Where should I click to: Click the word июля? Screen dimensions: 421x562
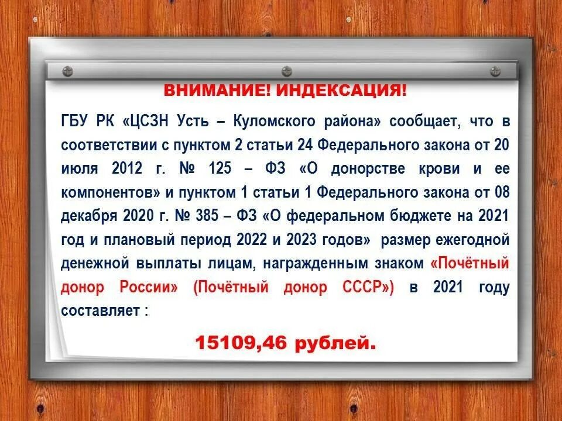click(x=77, y=169)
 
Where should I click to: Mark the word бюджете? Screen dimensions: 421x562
click(x=421, y=216)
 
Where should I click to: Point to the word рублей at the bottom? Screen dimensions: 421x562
click(x=333, y=343)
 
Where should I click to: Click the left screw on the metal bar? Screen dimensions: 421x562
click(x=67, y=71)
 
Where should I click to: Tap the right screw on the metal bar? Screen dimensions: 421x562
click(x=495, y=71)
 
